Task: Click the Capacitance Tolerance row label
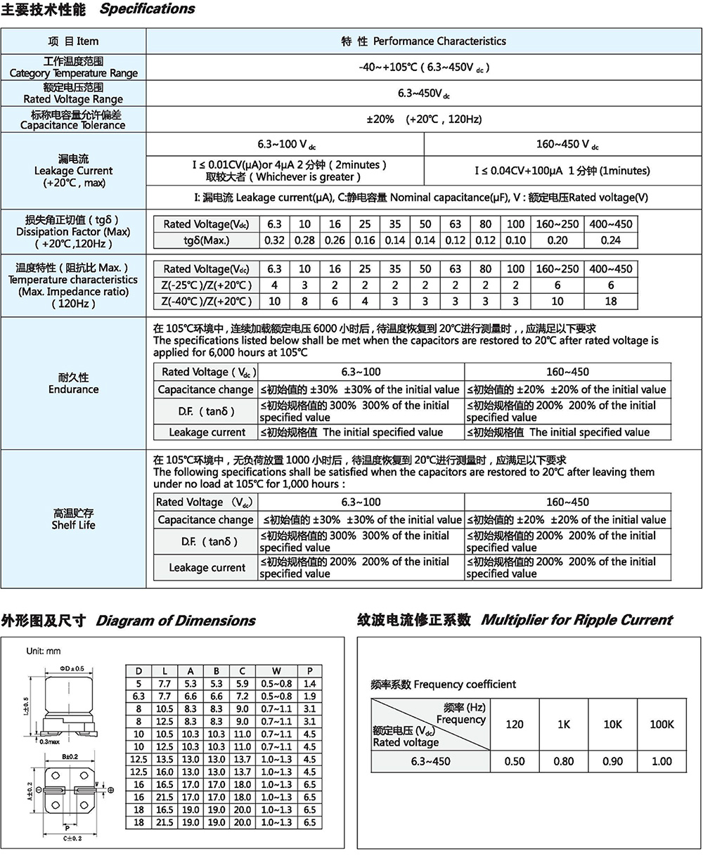pyautogui.click(x=73, y=119)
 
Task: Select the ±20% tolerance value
pyautogui.click(x=380, y=119)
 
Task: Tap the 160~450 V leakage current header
pyautogui.click(x=567, y=144)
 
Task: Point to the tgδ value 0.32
pyautogui.click(x=274, y=240)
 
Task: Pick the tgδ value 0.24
pyautogui.click(x=611, y=240)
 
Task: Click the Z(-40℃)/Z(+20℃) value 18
pyautogui.click(x=611, y=301)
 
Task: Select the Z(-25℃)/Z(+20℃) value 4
pyautogui.click(x=274, y=285)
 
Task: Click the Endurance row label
pyautogui.click(x=73, y=384)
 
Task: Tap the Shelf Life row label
pyautogui.click(x=73, y=519)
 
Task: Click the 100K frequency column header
pyautogui.click(x=662, y=724)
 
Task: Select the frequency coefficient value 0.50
pyautogui.click(x=515, y=761)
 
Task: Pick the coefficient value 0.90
pyautogui.click(x=612, y=761)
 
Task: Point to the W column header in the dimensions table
pyautogui.click(x=276, y=670)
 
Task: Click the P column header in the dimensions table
pyautogui.click(x=309, y=670)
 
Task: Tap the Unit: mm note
pyautogui.click(x=44, y=651)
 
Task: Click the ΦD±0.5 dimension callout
pyautogui.click(x=72, y=668)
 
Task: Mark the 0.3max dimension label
pyautogui.click(x=49, y=741)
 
